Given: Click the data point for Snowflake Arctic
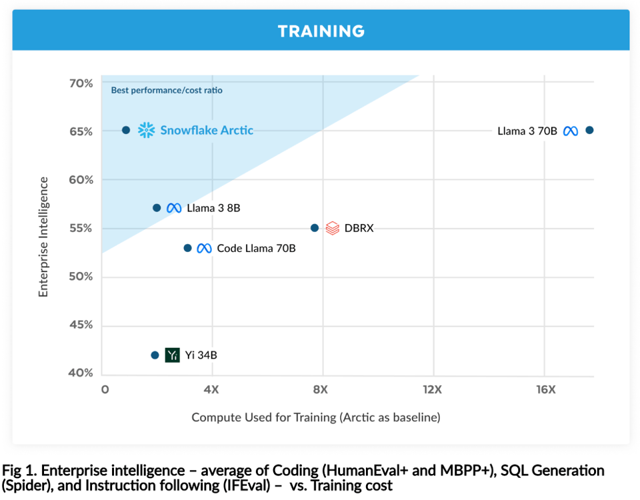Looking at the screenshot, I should (x=126, y=130).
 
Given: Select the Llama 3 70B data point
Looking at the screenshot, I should (x=589, y=130).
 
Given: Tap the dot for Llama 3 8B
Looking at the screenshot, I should (x=157, y=208).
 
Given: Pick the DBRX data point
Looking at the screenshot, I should (x=315, y=228).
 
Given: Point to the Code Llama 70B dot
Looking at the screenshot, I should (x=187, y=248).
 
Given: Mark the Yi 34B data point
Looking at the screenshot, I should (x=155, y=355).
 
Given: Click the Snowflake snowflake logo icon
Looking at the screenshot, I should (x=146, y=130).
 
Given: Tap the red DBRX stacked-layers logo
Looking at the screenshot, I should (x=333, y=228).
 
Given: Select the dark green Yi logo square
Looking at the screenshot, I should (x=173, y=355).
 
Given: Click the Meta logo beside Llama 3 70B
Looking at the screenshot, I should (x=570, y=131).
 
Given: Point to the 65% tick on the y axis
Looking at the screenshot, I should (x=81, y=131).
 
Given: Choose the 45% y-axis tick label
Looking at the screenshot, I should (x=81, y=325).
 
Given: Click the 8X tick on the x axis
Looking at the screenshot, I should (x=321, y=389).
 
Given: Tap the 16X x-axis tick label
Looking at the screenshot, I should (x=545, y=389).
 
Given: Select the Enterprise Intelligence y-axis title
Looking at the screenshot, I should (x=44, y=237).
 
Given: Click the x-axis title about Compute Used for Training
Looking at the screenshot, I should (x=316, y=418).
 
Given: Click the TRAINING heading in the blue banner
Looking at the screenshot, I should (x=321, y=31).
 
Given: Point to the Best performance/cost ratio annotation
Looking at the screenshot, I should (x=167, y=90).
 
